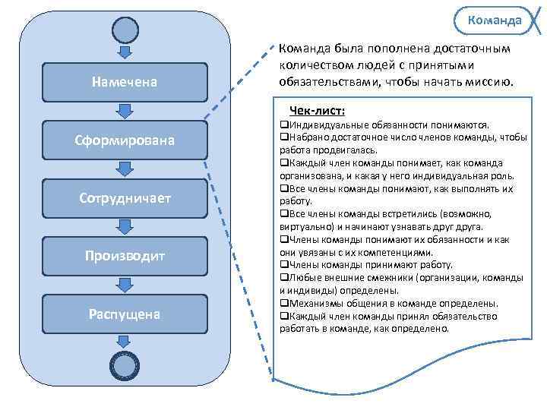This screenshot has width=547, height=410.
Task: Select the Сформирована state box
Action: pyautogui.click(x=125, y=140)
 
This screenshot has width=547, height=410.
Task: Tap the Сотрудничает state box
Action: pyautogui.click(x=125, y=197)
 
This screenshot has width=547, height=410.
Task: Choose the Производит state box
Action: pyautogui.click(x=125, y=256)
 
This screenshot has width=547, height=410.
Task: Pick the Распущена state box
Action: pyautogui.click(x=125, y=314)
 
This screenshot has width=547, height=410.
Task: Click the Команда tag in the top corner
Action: pyautogui.click(x=495, y=20)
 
